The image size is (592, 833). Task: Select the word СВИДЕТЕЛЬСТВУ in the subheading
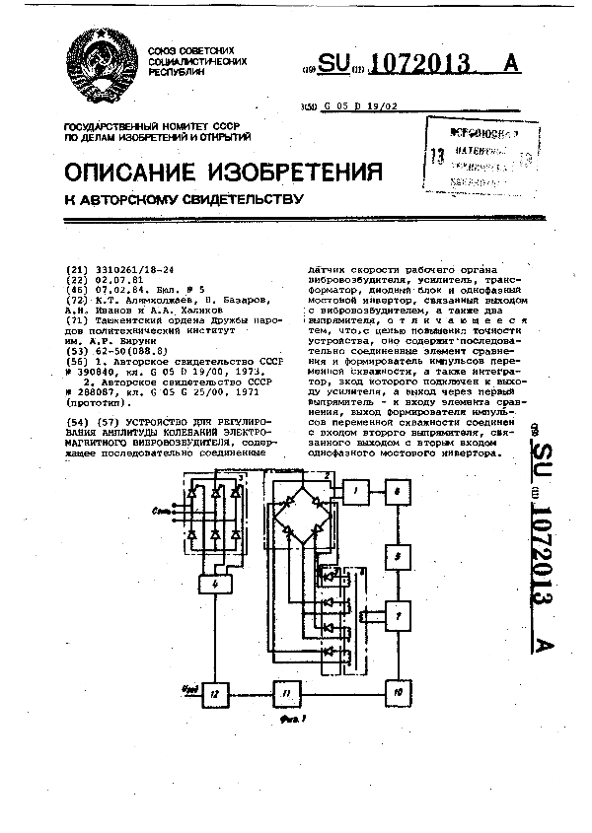click(x=234, y=200)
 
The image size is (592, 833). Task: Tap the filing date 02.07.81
click(x=110, y=278)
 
